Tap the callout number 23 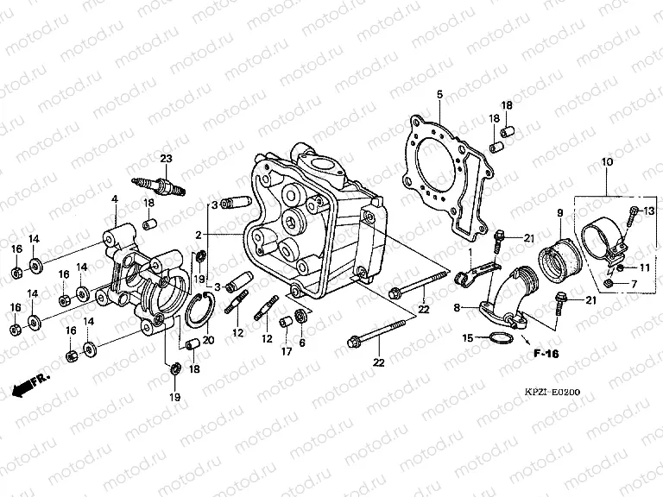pos(166,157)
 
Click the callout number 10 pos(607,162)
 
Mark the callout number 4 pos(113,199)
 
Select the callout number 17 pos(284,351)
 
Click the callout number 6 pos(302,343)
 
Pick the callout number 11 pos(644,267)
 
